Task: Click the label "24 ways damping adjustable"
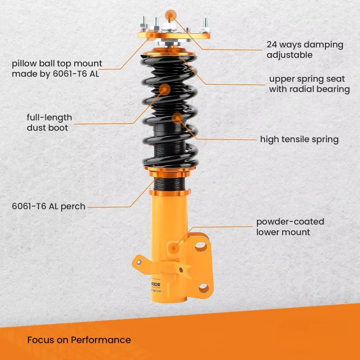305,49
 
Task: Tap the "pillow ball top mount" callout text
57,68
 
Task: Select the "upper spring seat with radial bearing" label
309,84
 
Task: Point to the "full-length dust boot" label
49,123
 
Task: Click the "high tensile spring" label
299,139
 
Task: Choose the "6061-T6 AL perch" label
48,207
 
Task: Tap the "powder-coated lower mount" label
290,227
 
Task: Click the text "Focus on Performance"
79,340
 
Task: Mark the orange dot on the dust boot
165,88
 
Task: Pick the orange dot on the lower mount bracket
174,247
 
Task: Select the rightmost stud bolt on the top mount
205,23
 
